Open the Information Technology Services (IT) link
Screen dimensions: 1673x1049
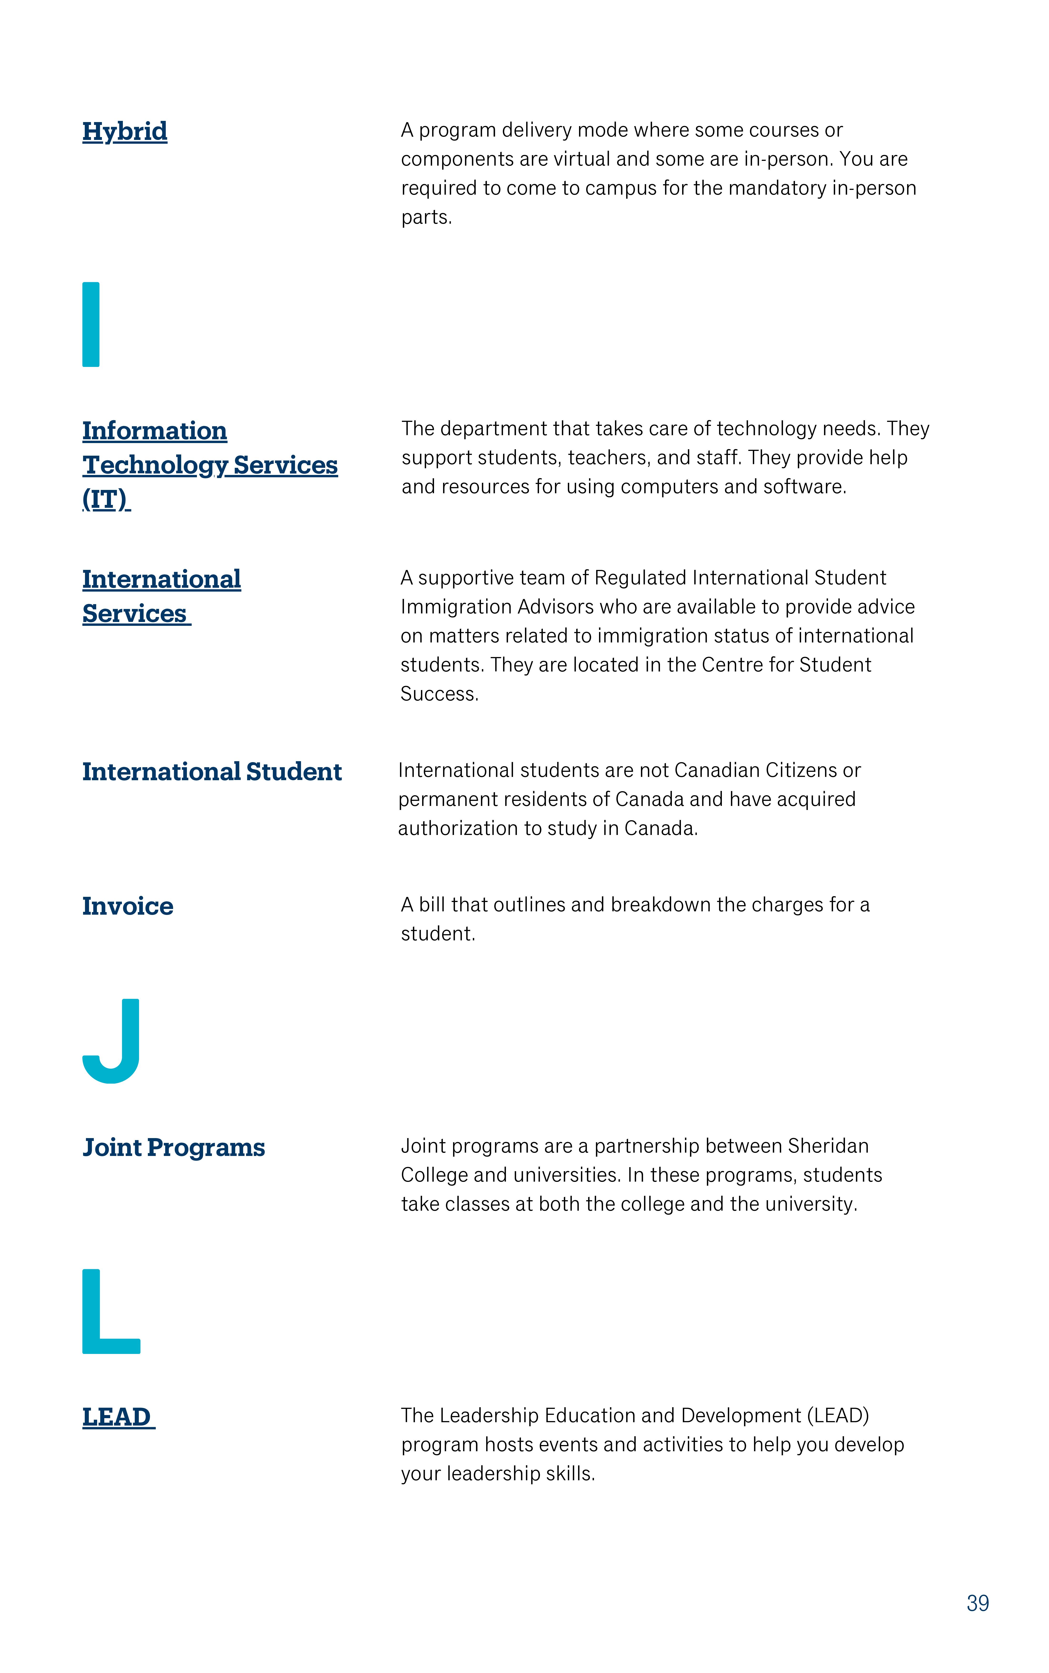tap(210, 464)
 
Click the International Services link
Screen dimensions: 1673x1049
tap(161, 596)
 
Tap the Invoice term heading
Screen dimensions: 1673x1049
tap(128, 906)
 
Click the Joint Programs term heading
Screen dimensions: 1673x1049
tap(174, 1147)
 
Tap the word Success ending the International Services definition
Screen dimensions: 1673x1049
tap(438, 694)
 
